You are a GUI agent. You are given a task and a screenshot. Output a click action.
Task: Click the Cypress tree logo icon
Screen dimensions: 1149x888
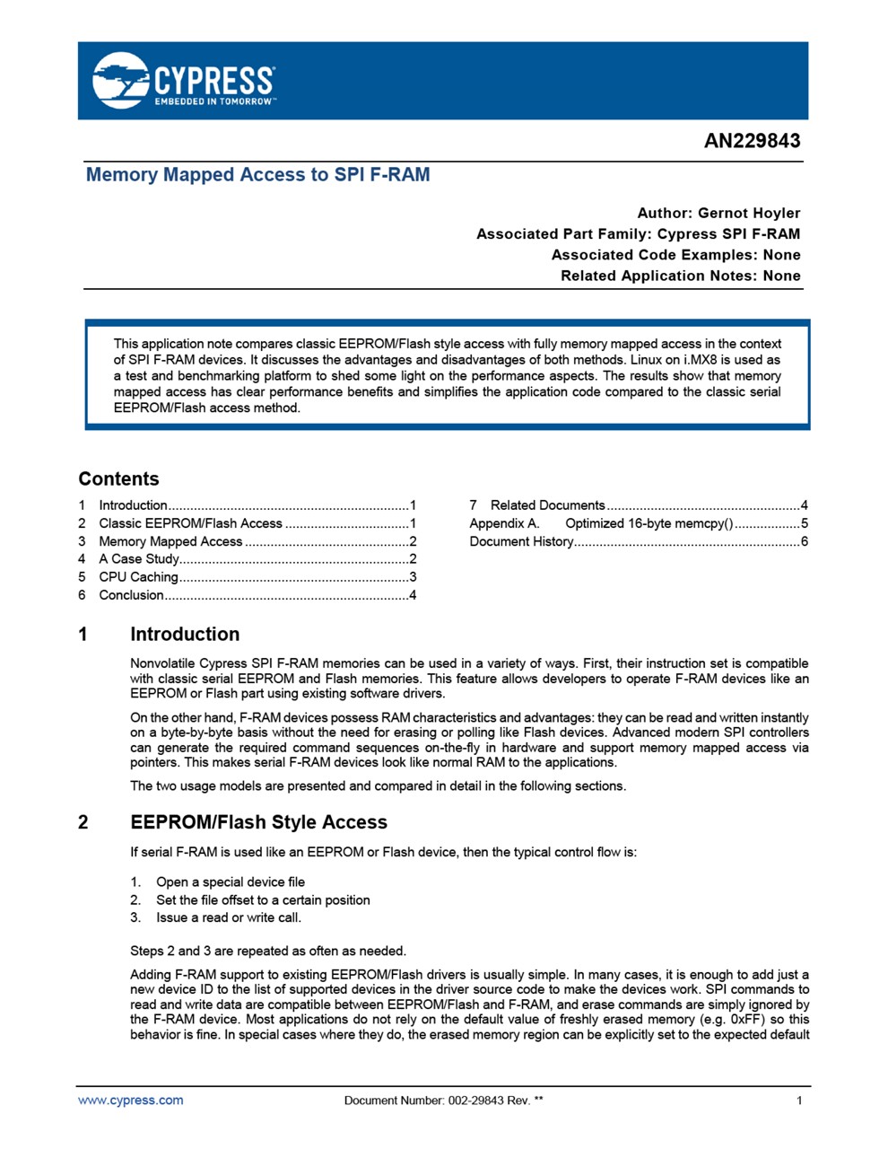point(120,80)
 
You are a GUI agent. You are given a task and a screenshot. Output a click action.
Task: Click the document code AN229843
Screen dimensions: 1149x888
point(752,141)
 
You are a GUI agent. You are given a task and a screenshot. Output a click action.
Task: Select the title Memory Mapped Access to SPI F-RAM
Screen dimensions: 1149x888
point(257,175)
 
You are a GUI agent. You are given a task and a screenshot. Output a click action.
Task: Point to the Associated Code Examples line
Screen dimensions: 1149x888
point(675,255)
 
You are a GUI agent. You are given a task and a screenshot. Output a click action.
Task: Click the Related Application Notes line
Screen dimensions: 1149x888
point(680,276)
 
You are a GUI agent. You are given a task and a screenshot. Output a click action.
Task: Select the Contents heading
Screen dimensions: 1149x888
point(118,478)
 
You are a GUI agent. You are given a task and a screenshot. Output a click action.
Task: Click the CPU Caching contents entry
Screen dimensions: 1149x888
point(138,577)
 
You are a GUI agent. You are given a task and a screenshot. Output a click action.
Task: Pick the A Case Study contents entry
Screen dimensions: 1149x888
point(138,559)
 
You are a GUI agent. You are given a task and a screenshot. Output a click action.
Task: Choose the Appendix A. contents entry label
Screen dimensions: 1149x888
point(504,523)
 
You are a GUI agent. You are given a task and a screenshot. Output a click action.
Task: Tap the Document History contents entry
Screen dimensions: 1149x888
point(521,541)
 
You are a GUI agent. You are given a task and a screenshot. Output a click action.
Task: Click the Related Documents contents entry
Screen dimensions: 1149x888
point(547,505)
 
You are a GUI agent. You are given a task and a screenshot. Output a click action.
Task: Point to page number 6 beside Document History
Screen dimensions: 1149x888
point(805,541)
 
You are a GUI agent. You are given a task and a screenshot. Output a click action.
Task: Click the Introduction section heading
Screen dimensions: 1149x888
point(185,635)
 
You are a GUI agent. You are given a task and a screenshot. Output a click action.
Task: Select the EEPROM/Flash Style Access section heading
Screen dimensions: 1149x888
point(258,822)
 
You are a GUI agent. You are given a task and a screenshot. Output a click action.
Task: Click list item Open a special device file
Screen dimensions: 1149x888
point(230,882)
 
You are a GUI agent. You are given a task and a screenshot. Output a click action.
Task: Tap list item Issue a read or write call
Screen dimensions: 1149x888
point(228,917)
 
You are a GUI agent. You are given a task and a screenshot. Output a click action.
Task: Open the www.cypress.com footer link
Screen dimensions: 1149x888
point(131,1101)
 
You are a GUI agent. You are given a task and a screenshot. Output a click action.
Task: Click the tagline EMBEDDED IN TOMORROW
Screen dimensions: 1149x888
point(214,102)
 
